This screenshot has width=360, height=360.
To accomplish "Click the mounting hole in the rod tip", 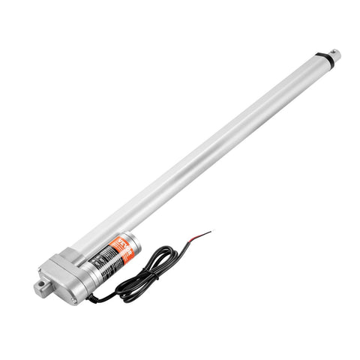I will (336, 53).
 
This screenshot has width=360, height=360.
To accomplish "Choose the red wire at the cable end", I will (202, 235).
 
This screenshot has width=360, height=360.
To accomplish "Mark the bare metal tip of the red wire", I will (208, 232).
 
